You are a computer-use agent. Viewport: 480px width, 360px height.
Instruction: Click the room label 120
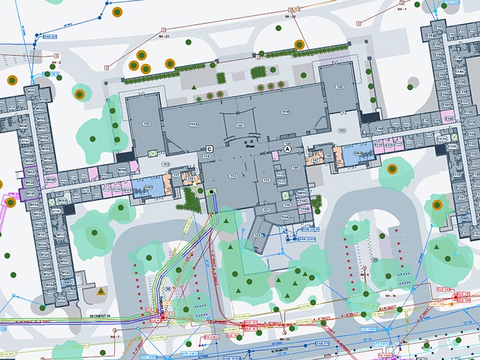click(147, 123)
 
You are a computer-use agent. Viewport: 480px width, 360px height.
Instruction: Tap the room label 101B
click(286, 111)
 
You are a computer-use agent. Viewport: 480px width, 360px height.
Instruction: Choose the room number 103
click(341, 130)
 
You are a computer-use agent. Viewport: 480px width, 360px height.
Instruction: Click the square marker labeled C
click(209, 149)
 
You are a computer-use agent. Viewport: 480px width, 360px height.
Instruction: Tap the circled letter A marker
click(288, 148)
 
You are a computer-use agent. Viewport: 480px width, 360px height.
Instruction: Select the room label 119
click(166, 165)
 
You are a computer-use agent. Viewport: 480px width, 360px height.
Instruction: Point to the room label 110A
click(285, 217)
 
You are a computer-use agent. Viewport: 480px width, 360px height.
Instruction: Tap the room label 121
click(266, 209)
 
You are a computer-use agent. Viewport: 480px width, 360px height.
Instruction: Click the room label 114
click(207, 157)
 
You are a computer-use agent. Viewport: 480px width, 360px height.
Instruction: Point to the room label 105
click(329, 156)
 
